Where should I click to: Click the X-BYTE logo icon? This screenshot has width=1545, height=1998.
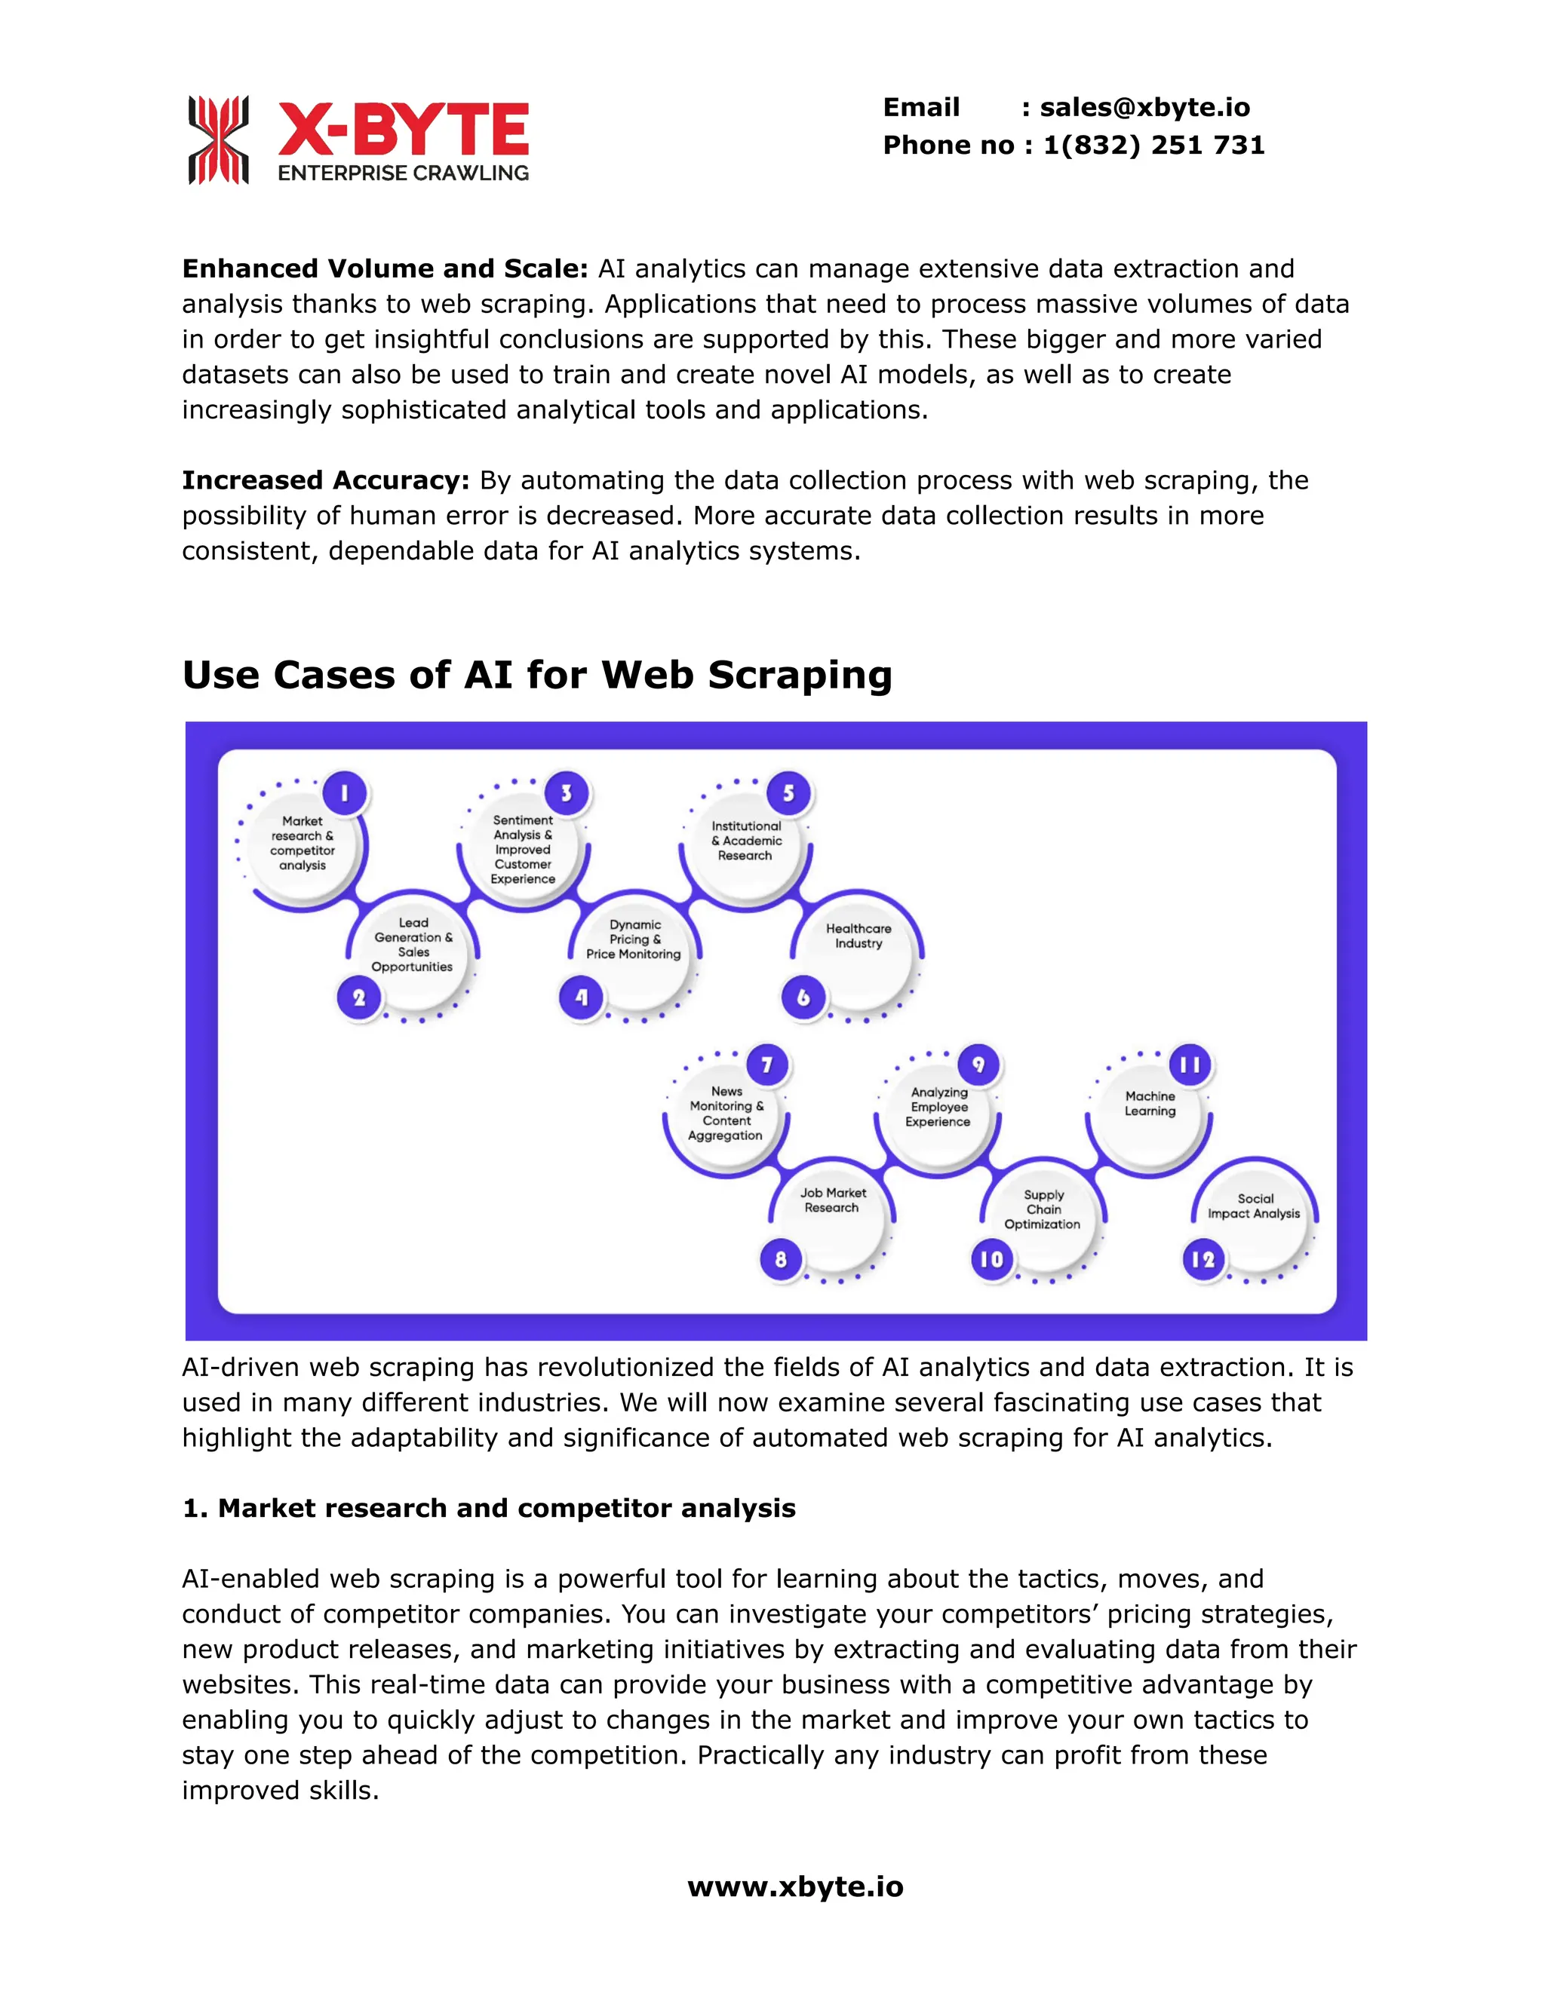(218, 140)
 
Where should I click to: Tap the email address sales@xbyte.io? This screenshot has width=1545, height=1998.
(1144, 108)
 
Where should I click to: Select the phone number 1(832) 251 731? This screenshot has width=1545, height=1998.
(1153, 146)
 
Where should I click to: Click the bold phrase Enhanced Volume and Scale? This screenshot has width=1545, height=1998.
(385, 269)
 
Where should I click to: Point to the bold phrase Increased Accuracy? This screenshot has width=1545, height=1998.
(325, 480)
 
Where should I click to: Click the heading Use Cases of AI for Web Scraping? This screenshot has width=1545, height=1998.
(536, 675)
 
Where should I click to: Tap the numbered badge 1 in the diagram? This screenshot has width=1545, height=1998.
(344, 793)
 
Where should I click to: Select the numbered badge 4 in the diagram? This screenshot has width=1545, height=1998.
(581, 997)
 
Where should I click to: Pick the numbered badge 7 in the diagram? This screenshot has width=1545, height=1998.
(767, 1065)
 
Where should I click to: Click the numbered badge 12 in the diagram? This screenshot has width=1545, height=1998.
(1203, 1260)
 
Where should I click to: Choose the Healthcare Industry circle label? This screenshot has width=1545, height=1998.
(858, 936)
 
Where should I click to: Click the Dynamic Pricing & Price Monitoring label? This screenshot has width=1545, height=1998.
(634, 939)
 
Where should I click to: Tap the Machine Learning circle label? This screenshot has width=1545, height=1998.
(1150, 1103)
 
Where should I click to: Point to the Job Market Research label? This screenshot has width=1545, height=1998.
(832, 1200)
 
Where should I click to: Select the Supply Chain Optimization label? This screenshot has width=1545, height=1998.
(1043, 1209)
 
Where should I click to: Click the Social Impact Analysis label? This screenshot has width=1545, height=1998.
(1254, 1206)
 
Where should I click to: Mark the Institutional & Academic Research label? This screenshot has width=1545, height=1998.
(746, 841)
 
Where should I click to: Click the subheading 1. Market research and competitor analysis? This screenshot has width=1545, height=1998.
(489, 1509)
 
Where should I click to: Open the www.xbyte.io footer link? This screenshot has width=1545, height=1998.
(795, 1887)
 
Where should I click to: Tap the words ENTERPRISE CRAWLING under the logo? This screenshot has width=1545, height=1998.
(404, 173)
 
